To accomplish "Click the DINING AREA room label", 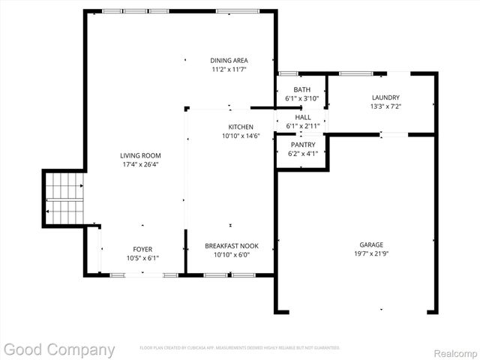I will pos(229,61).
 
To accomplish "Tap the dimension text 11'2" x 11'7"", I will pos(229,70).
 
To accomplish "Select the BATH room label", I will pos(301,90).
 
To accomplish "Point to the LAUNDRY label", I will pos(385,97).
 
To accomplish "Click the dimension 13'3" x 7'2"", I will pos(385,106).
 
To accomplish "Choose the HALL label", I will pos(302,118).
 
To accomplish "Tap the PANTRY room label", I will pos(303,145).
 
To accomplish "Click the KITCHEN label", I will pos(241,127).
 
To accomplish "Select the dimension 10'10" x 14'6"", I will pos(241,136).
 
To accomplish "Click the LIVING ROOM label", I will pos(141,156).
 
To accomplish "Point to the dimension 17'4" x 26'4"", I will pos(141,165).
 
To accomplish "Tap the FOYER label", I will pos(142,249).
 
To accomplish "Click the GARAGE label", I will pos(370,245).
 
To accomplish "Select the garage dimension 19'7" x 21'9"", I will pos(370,254).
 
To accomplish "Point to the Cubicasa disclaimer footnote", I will pos(240,348).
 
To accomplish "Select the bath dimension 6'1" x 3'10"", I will pos(301,99).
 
